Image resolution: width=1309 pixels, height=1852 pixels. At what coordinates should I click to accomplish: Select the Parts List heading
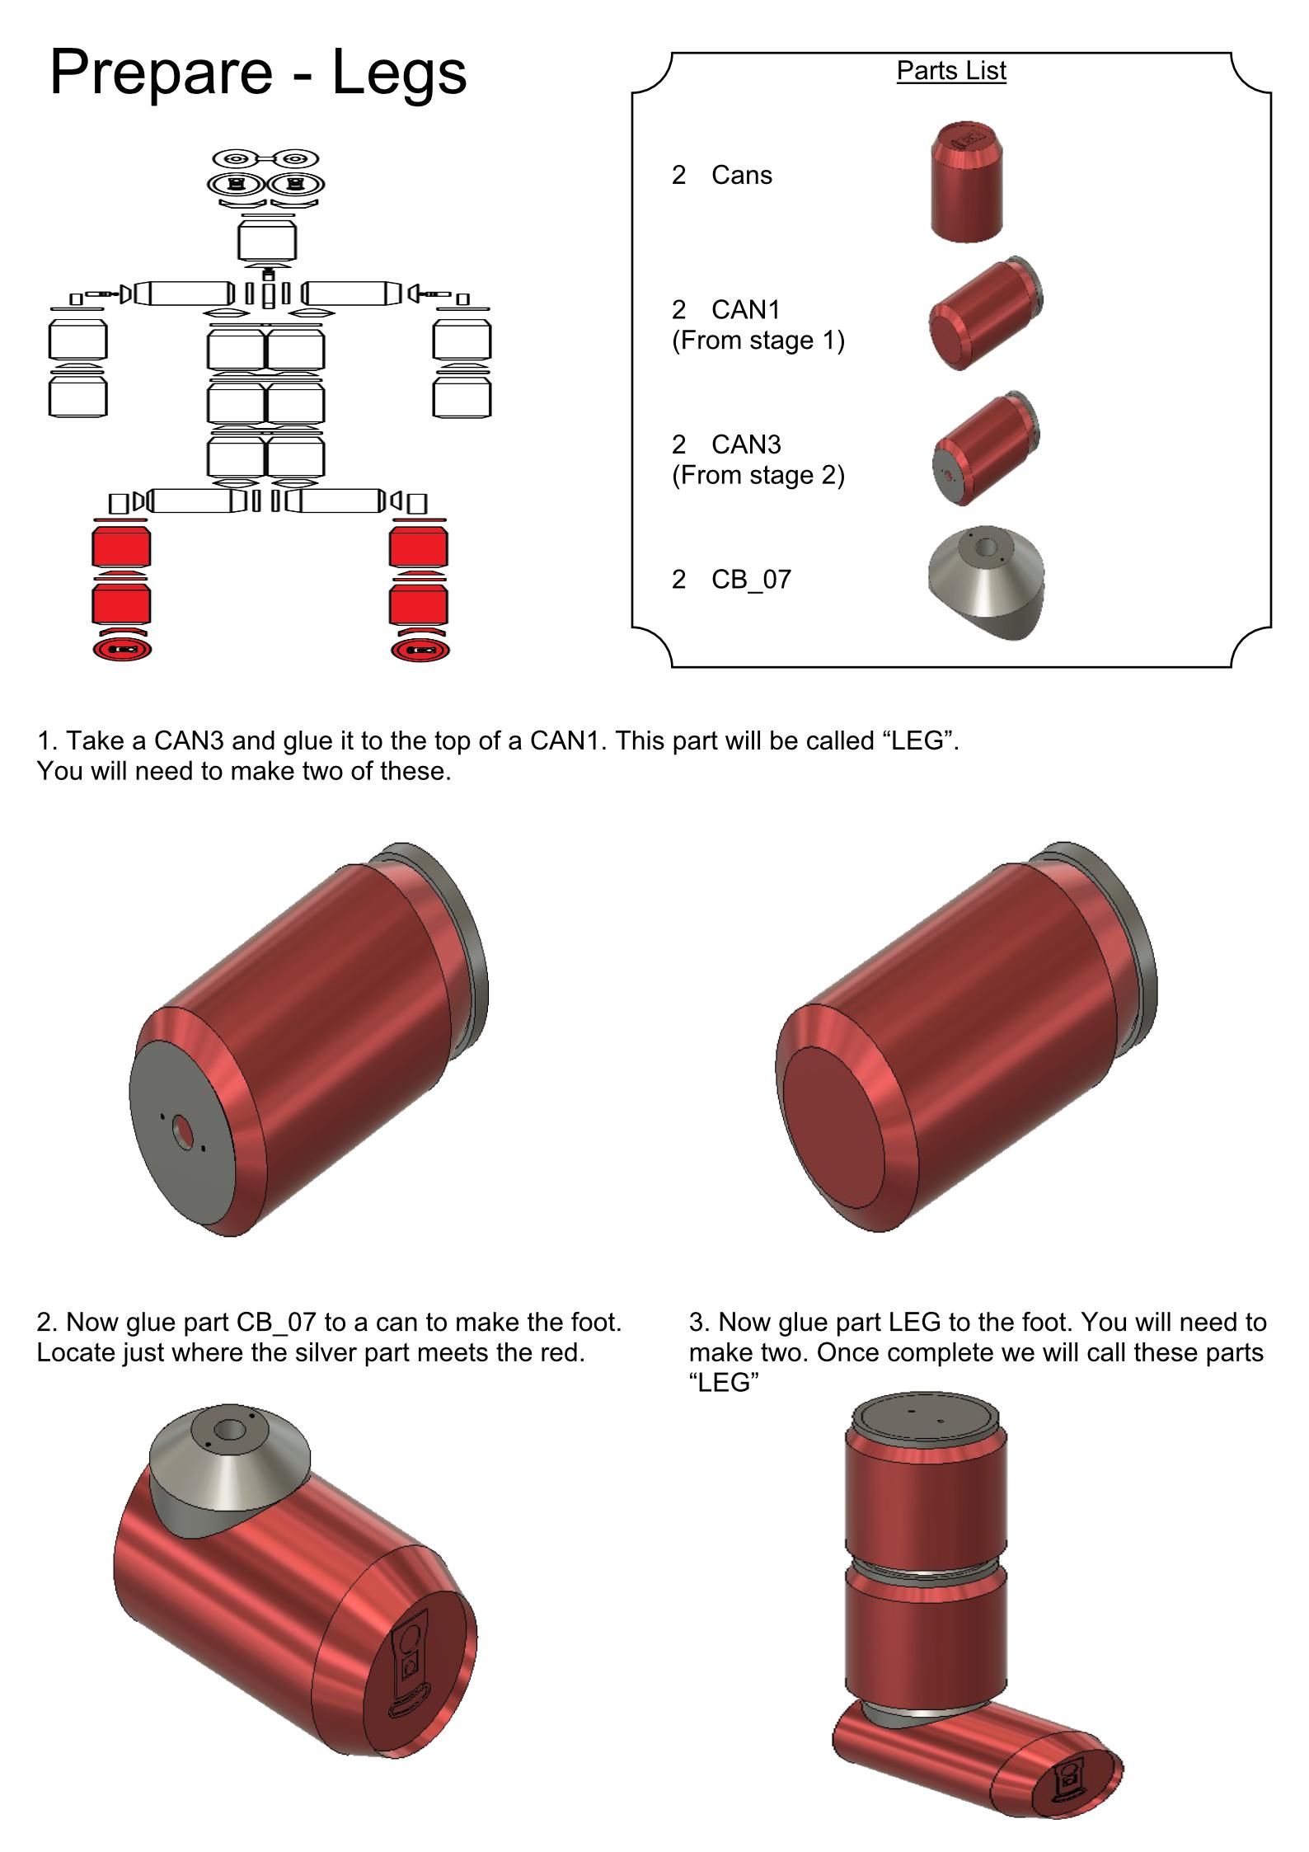tap(951, 71)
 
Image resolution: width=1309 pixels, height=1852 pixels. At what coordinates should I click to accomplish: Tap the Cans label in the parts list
tap(742, 175)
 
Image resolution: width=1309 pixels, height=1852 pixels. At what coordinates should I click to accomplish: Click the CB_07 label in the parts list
tap(751, 580)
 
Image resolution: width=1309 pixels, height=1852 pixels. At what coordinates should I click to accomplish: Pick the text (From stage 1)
tap(758, 341)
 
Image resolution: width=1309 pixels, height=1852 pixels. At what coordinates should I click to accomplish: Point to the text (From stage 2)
tap(758, 476)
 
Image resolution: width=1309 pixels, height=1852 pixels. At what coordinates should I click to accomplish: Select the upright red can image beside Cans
tap(968, 182)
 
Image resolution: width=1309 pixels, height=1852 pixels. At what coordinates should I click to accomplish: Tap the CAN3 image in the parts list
tap(986, 449)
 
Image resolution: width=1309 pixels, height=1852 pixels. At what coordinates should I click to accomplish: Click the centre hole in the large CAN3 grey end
tap(182, 1132)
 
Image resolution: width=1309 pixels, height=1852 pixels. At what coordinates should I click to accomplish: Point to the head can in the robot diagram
tap(267, 241)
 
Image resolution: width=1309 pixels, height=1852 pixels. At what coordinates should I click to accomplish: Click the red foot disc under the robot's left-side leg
tap(122, 650)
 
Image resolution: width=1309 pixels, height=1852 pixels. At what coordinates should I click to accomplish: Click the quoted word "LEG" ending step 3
tap(724, 1383)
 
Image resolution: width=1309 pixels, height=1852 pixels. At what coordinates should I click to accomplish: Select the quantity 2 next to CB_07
tap(678, 580)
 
